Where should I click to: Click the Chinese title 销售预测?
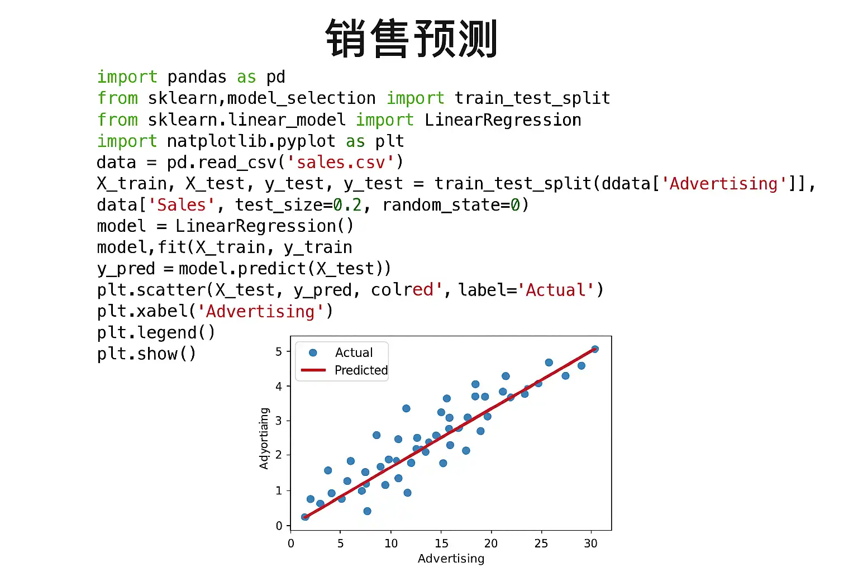411,39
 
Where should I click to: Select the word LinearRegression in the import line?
503,120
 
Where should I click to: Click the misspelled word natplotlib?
217,141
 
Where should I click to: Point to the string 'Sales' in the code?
182,205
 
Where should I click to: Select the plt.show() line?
146,354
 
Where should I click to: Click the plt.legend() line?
156,332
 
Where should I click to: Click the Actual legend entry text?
354,352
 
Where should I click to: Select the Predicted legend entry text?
361,370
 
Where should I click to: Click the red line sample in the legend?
313,370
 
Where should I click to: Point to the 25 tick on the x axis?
541,544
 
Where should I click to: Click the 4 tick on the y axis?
279,386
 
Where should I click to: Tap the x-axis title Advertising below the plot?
451,559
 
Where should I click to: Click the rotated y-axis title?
264,438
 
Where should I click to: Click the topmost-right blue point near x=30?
595,349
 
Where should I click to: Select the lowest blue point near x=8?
367,511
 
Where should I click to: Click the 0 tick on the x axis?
290,544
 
